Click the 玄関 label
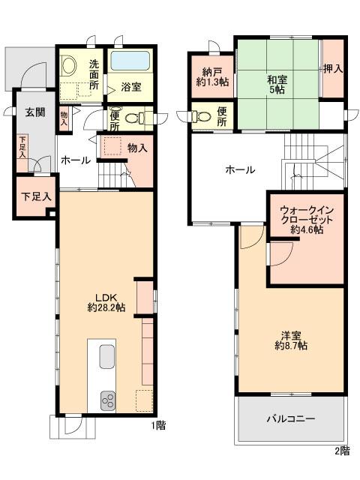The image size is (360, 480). click(34, 112)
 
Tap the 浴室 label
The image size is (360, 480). click(131, 87)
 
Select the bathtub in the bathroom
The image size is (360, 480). click(131, 62)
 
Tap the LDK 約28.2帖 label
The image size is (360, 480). click(105, 301)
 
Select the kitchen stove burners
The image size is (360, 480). click(106, 398)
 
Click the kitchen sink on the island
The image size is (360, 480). click(105, 355)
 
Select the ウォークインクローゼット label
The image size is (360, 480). click(307, 218)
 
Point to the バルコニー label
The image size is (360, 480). click(290, 418)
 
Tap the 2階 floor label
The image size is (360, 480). click(341, 450)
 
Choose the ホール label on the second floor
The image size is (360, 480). click(240, 169)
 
